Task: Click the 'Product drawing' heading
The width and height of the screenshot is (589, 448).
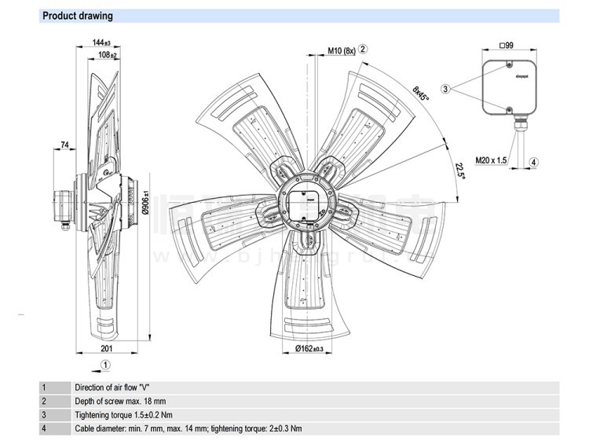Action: pos(77,16)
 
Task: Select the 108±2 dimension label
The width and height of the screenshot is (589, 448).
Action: pos(108,55)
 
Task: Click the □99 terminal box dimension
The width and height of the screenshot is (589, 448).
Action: pos(507,46)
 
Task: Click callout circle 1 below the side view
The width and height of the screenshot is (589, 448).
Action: pos(106,365)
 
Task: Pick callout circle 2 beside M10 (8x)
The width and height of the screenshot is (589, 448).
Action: pos(363,49)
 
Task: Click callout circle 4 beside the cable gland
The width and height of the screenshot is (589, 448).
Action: pos(533,162)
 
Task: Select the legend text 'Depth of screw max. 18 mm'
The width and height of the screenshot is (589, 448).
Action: pos(120,401)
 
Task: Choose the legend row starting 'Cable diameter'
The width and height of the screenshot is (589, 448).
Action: pos(188,428)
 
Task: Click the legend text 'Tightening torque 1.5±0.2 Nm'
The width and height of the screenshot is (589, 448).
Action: pos(124,414)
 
